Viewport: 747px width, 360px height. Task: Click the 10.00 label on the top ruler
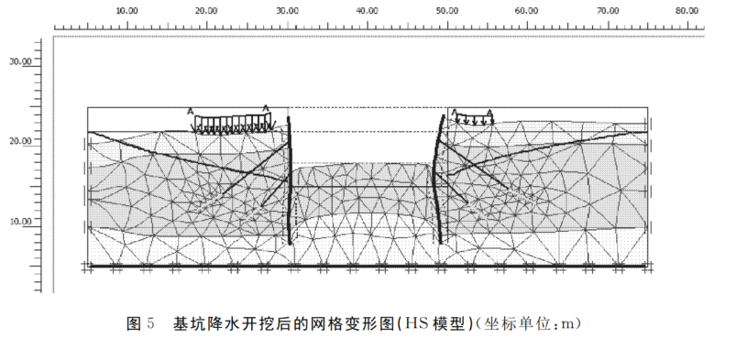(x=127, y=10)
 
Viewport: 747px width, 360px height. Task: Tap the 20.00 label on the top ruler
(x=207, y=10)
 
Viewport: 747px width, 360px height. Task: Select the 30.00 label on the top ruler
(x=287, y=10)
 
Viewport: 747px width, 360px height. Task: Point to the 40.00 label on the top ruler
(x=367, y=10)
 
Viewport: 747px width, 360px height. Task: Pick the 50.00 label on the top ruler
(x=446, y=10)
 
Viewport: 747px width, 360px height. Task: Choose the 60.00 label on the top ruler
(x=526, y=10)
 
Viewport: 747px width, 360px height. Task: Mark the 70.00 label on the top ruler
(x=606, y=10)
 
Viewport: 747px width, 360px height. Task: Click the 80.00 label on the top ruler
(x=686, y=10)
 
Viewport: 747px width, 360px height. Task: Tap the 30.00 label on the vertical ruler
(x=20, y=60)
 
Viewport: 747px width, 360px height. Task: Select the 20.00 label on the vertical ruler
(x=20, y=140)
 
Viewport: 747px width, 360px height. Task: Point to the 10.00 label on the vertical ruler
(x=20, y=221)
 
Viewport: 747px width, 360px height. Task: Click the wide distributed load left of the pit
(x=228, y=123)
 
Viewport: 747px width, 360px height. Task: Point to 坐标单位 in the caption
(x=516, y=323)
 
